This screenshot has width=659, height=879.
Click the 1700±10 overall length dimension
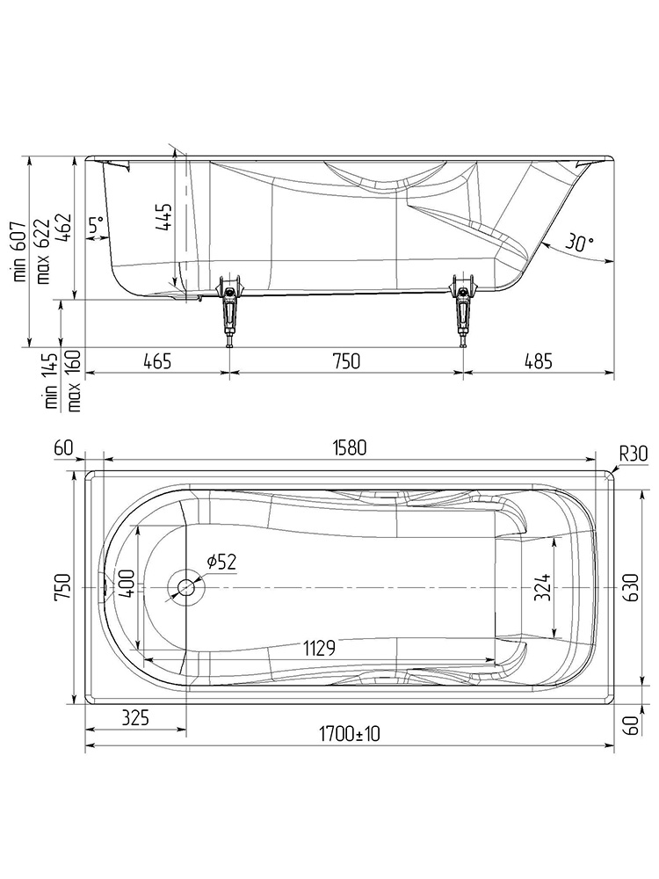tap(349, 733)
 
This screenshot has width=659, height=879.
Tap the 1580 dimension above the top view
tap(349, 447)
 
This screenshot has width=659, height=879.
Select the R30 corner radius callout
tap(633, 453)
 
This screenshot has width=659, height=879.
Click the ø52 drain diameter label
tap(221, 563)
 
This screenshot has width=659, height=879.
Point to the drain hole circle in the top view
tap(186, 587)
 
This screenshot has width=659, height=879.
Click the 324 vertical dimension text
tap(543, 587)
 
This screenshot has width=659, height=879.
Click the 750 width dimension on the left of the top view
tap(62, 586)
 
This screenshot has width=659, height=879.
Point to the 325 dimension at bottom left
tap(134, 717)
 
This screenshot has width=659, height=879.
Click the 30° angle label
tap(579, 242)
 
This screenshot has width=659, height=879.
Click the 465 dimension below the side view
tap(156, 360)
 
